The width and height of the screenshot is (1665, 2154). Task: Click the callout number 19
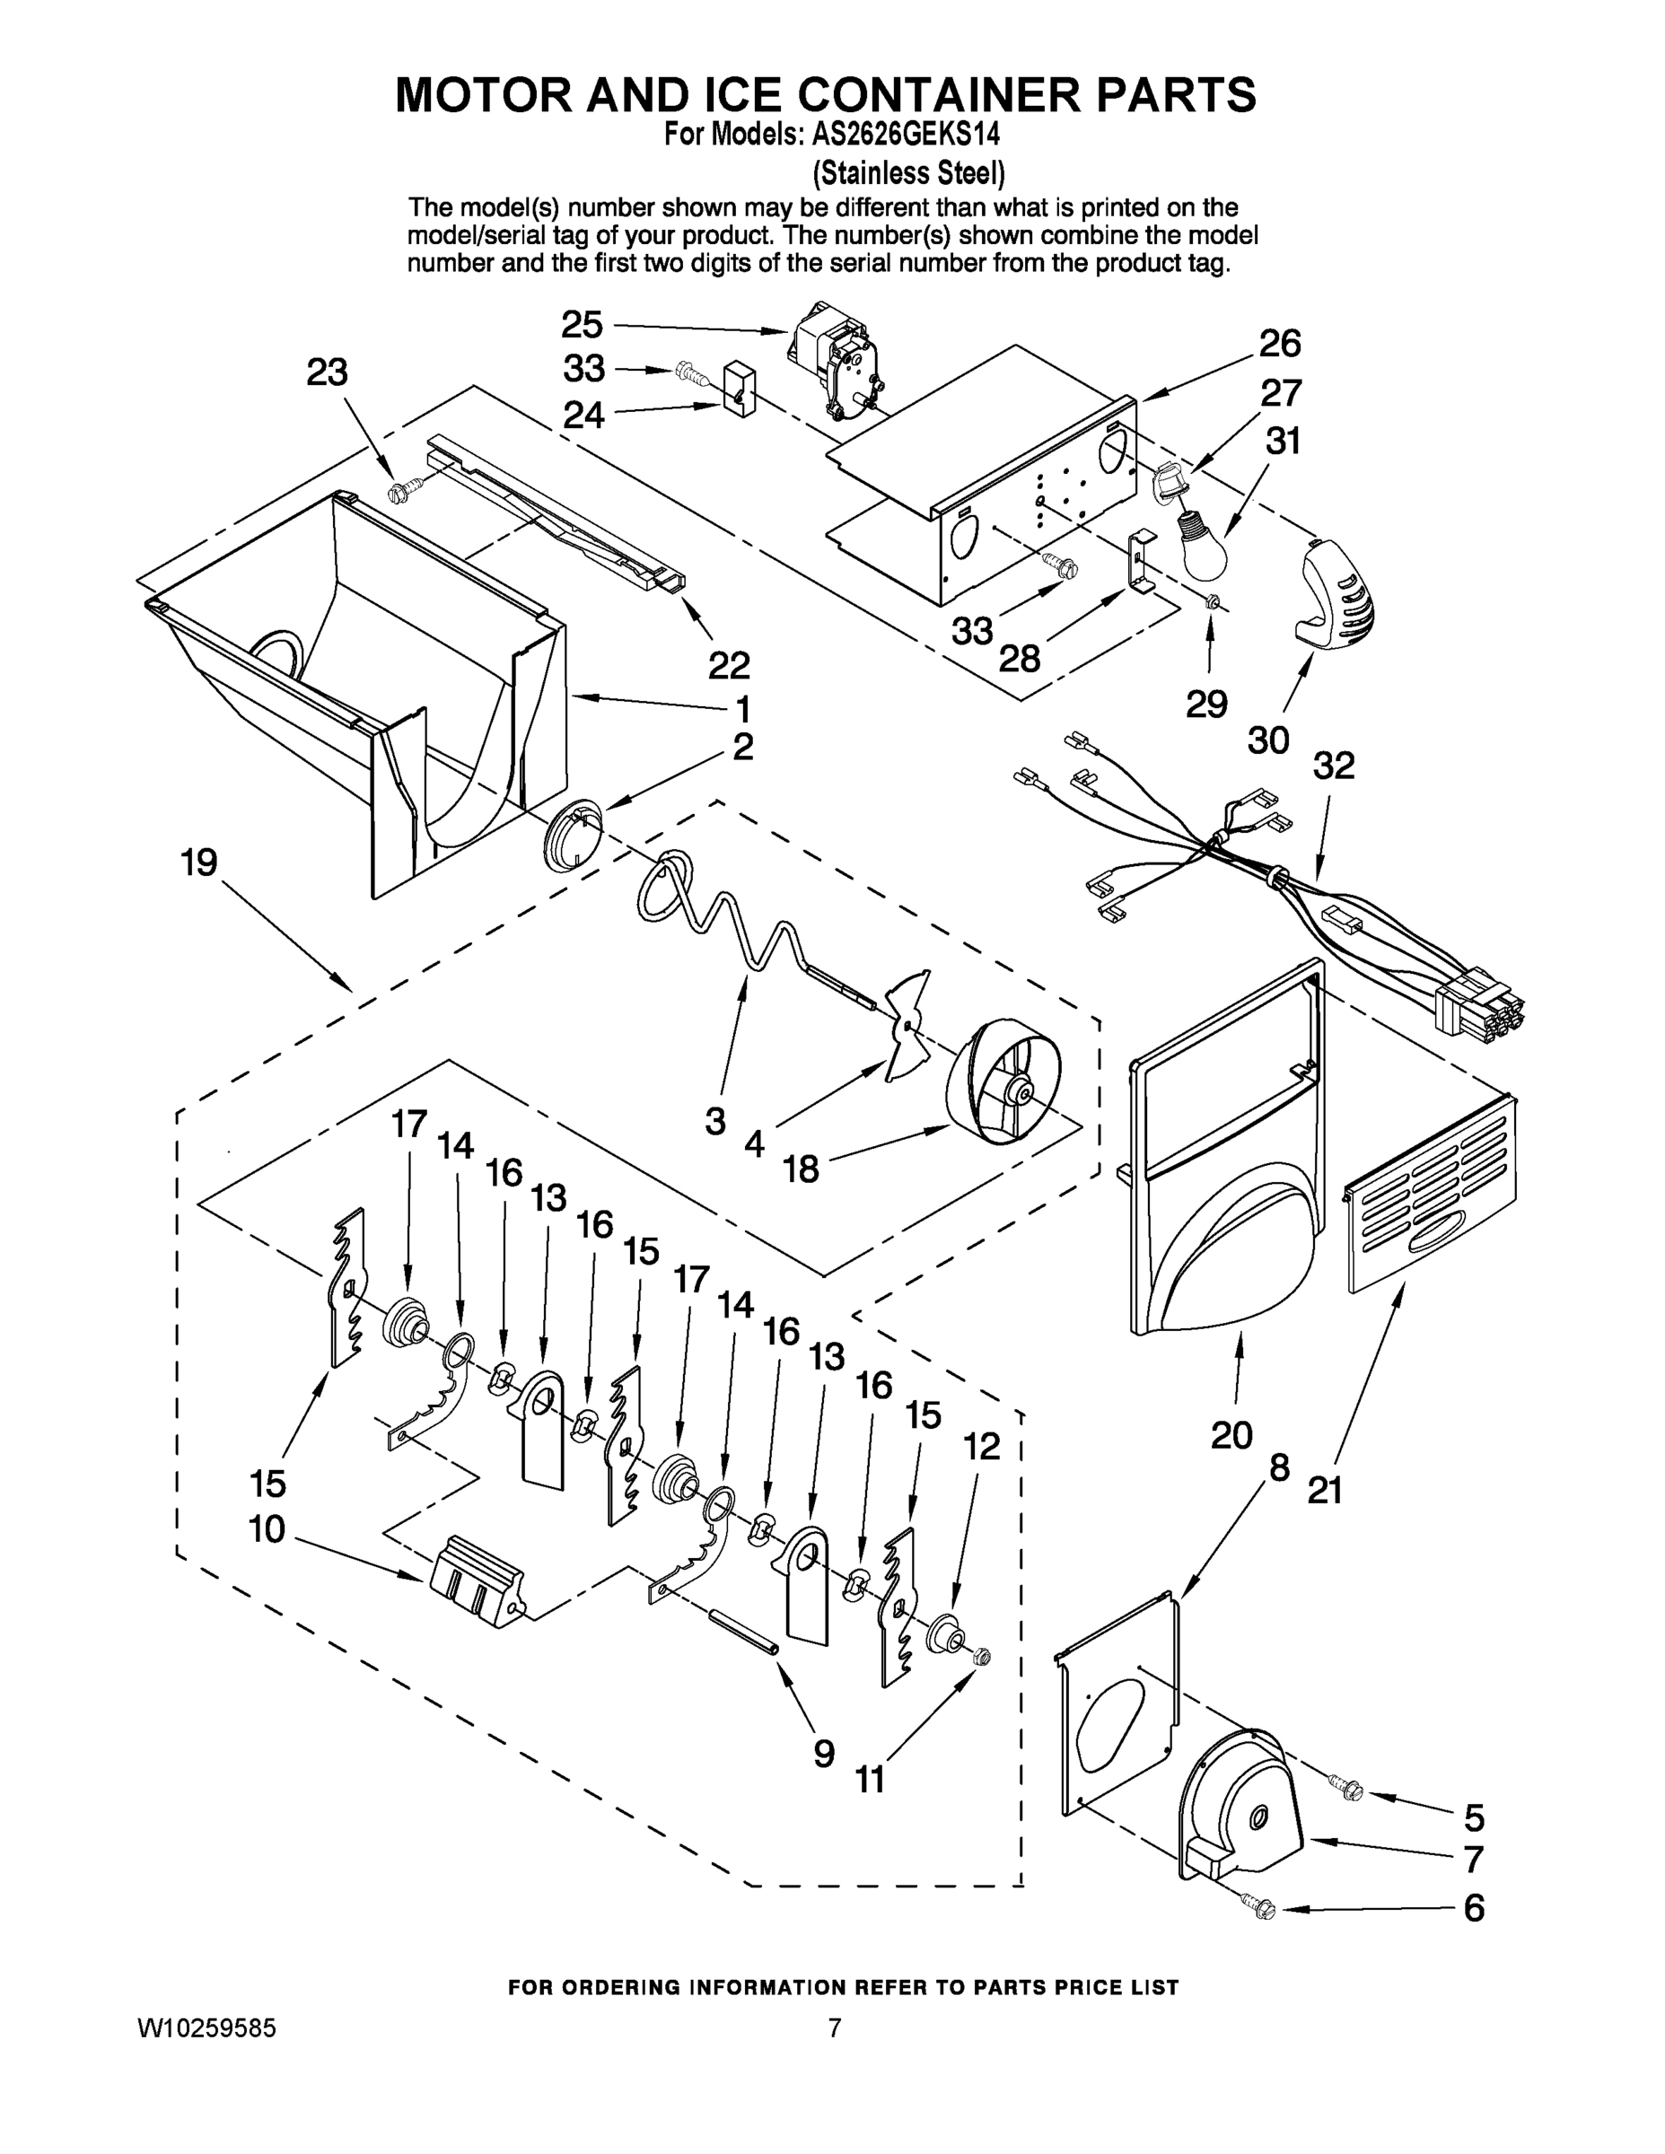point(199,863)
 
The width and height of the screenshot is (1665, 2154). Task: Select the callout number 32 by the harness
point(1334,766)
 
